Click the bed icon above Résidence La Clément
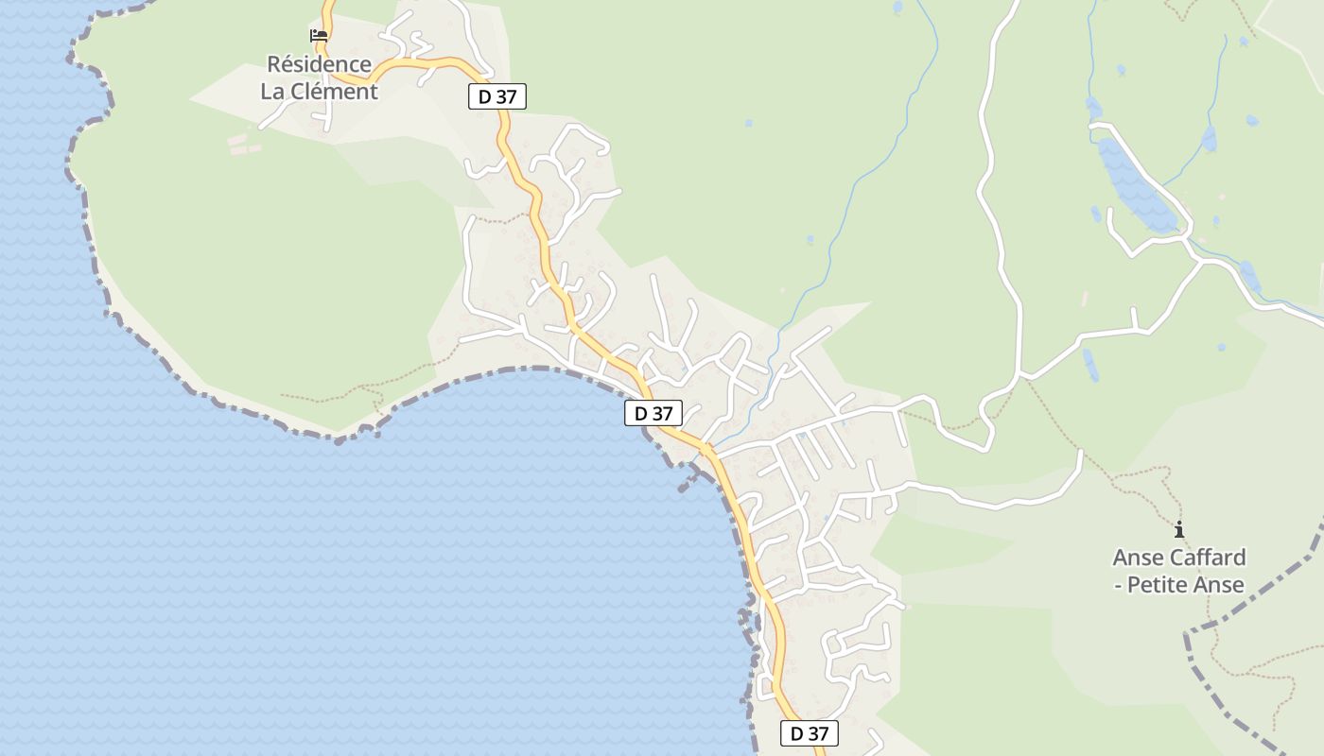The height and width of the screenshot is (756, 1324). coord(319,36)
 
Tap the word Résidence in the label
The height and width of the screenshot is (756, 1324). coord(319,64)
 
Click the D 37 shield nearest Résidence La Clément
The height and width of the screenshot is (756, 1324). coord(496,96)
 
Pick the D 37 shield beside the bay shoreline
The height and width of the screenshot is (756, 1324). coord(653,413)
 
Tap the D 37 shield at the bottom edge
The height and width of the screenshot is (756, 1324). coord(809,733)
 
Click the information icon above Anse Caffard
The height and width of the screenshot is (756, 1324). coord(1178,530)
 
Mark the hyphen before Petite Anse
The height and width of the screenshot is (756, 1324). coord(1118,586)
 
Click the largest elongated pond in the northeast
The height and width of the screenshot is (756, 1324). coord(1134,185)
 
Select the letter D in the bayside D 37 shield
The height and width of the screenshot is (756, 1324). coord(640,413)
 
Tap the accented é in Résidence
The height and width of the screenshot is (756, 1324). coord(288,64)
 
